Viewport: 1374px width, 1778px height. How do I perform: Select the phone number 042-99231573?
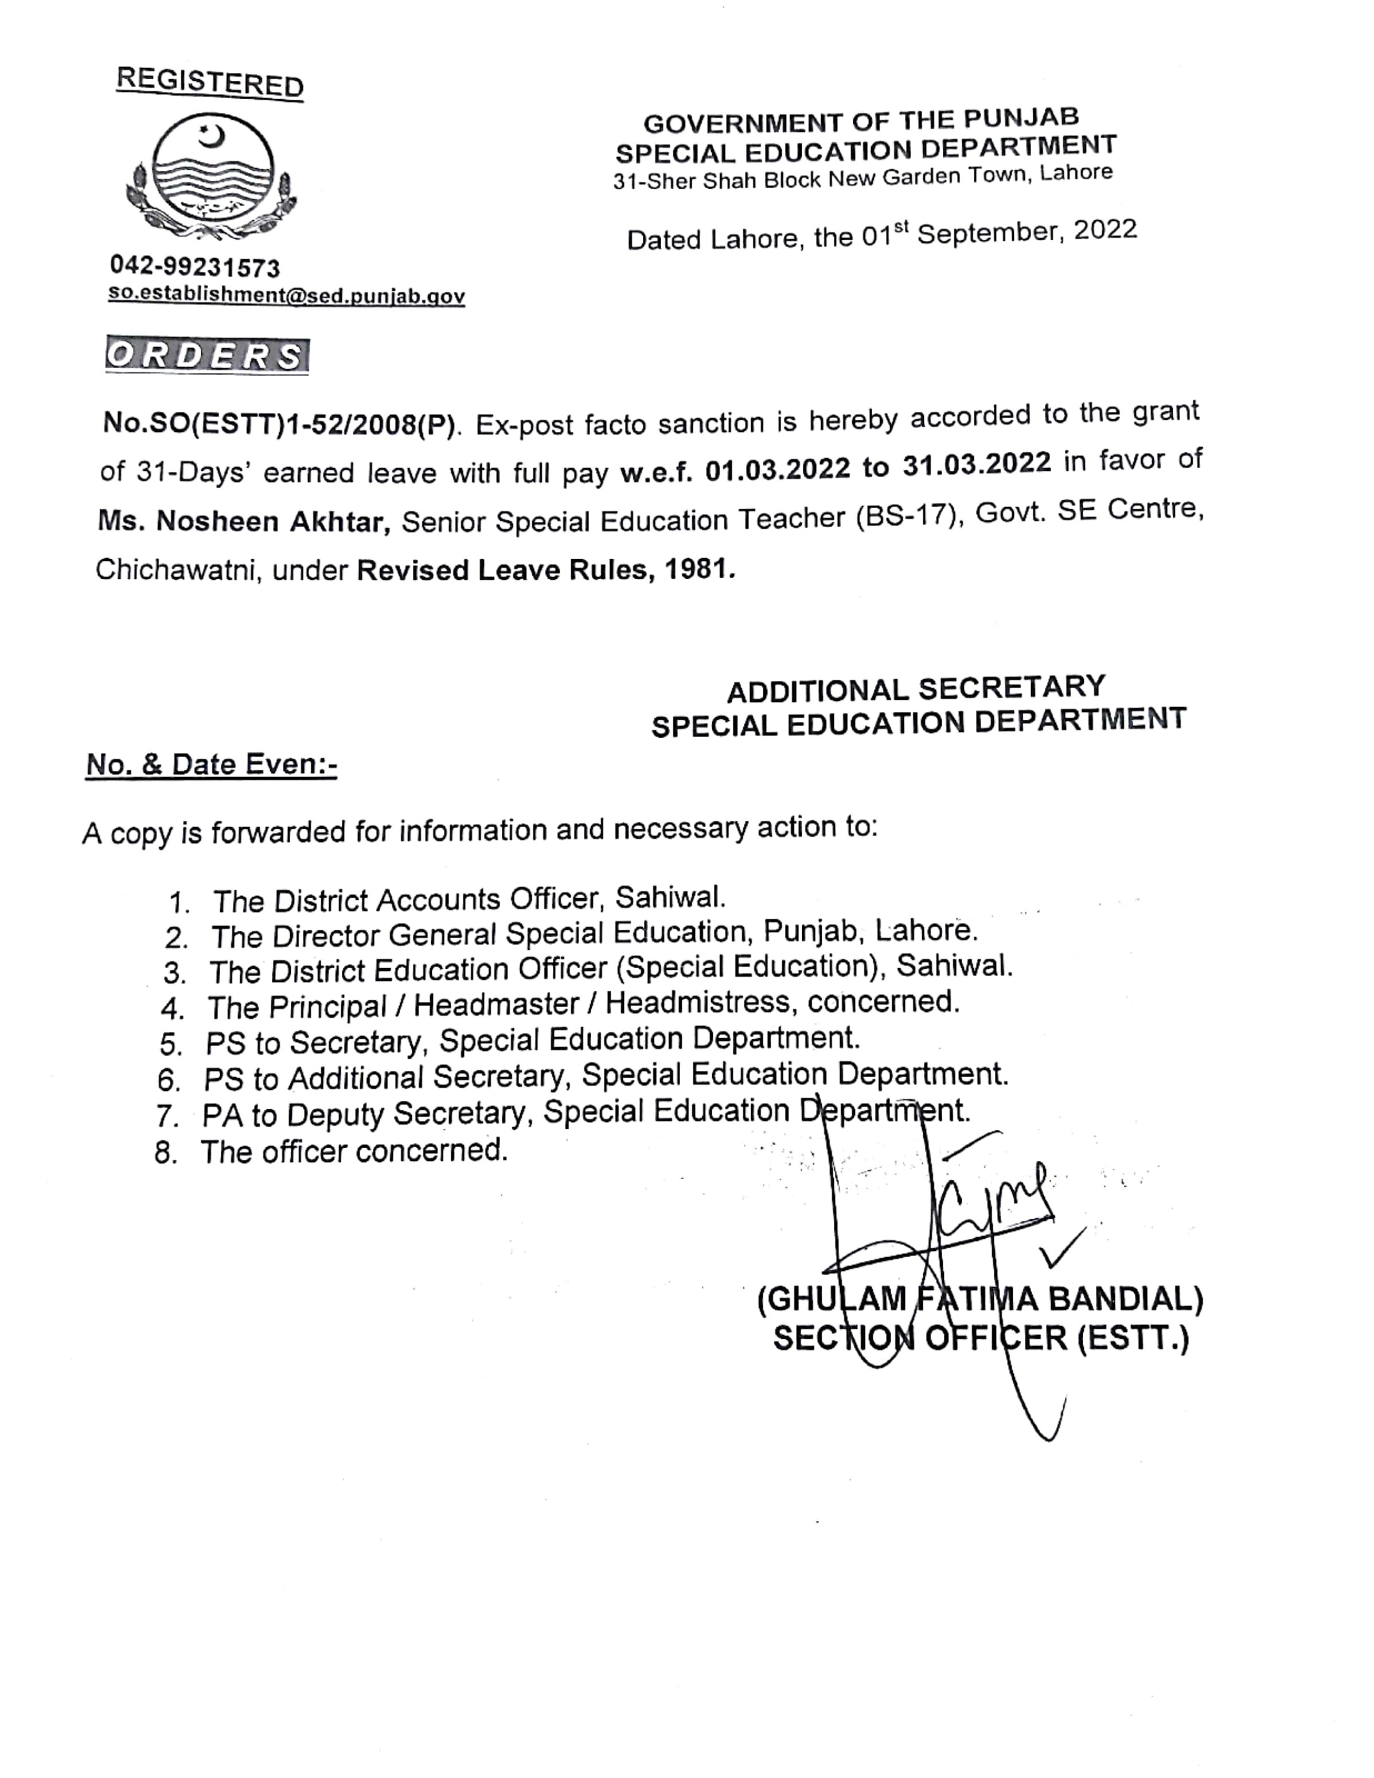(196, 267)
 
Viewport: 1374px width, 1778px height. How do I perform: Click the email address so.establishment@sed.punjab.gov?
(287, 295)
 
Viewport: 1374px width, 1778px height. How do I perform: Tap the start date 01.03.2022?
(778, 470)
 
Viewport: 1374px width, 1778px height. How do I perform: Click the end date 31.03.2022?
(977, 464)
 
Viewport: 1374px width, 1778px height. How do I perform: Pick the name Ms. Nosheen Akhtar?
(244, 520)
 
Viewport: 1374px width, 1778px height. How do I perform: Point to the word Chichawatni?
(177, 569)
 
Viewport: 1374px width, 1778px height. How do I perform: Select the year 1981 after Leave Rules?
(696, 568)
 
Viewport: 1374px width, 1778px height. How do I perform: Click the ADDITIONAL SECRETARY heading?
(916, 689)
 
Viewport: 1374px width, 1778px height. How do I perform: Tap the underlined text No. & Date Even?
(211, 765)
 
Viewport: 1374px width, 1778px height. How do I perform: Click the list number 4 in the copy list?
(173, 1009)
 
